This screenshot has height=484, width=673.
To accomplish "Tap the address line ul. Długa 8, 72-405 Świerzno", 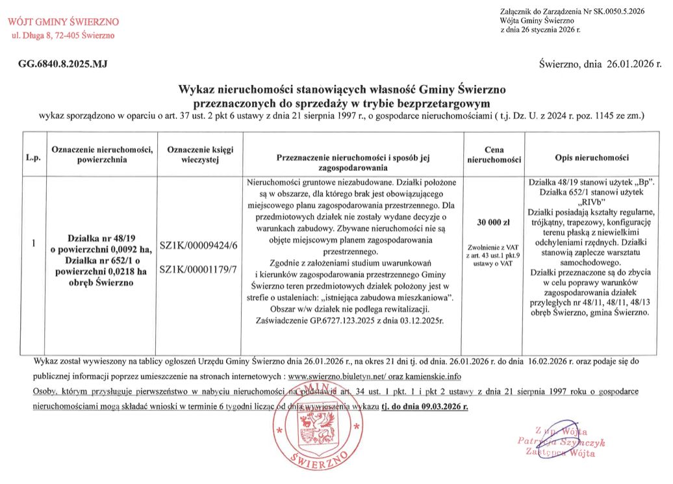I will (x=64, y=35).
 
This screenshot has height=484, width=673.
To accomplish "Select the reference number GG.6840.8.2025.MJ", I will (x=62, y=64).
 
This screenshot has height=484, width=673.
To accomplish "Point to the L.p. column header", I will (x=33, y=158).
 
